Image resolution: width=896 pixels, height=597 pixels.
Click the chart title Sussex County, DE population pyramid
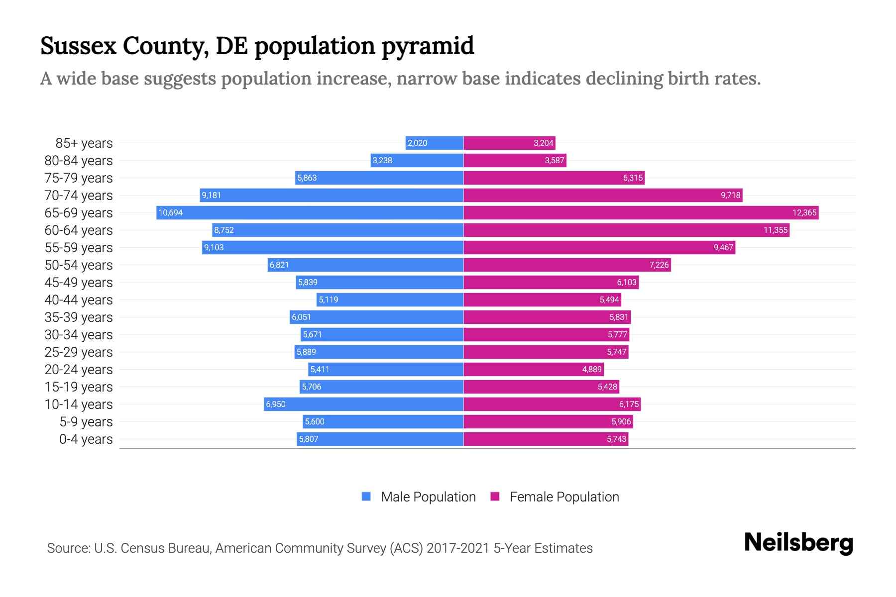257,46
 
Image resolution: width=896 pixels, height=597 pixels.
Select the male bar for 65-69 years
310,213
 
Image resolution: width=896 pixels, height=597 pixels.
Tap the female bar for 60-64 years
626,230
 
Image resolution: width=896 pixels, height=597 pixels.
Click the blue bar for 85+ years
434,143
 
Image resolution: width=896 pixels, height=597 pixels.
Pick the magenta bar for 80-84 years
515,161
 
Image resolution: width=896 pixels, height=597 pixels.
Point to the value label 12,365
804,213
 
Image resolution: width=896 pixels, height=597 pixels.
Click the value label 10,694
171,213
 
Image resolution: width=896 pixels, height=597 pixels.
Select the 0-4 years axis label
86,439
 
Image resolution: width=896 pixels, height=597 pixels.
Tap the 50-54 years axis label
79,265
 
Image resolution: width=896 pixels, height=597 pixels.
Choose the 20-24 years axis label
79,370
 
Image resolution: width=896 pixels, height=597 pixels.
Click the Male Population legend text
428,497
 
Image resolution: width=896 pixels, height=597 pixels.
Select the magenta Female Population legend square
495,497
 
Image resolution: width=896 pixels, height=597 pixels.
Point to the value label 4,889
592,370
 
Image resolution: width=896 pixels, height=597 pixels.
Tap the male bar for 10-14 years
363,404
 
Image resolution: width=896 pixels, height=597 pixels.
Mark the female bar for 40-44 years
542,300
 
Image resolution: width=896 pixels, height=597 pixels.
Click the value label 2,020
417,143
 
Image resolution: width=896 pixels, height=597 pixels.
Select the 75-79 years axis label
79,178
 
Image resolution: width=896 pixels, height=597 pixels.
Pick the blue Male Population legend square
366,497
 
